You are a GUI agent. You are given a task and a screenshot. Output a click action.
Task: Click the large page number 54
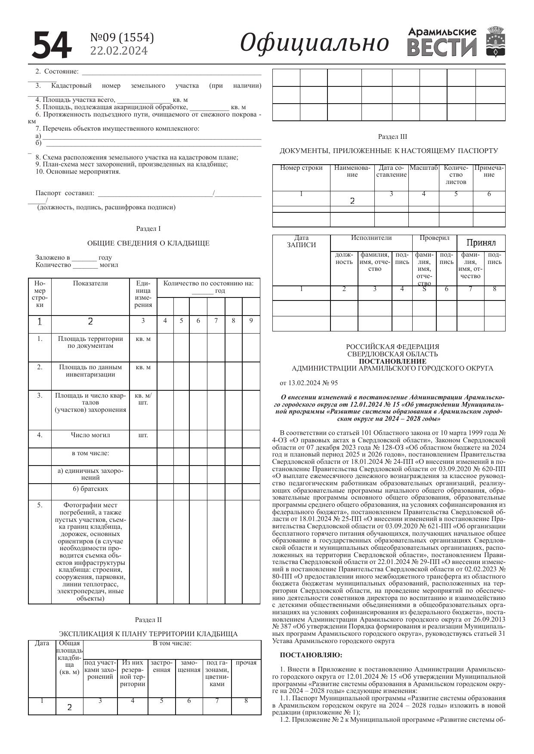[51, 45]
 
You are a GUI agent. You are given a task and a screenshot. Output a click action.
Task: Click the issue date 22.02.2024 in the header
[119, 51]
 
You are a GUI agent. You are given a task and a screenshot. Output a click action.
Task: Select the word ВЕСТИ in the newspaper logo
[442, 47]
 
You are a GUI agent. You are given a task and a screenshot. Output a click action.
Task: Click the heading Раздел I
[148, 229]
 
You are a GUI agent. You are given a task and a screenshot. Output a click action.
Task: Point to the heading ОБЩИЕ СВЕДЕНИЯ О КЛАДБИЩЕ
[148, 243]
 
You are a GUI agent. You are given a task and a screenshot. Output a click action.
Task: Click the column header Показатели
[90, 284]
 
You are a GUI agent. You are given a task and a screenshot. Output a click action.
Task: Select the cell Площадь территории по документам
[90, 342]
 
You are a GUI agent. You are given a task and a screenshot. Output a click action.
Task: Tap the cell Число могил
[90, 435]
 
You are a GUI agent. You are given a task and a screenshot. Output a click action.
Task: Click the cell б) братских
[90, 489]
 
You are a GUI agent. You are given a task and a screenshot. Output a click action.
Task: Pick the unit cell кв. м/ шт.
[143, 399]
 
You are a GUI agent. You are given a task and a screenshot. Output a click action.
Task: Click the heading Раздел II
[148, 620]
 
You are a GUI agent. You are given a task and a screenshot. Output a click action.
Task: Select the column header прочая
[246, 663]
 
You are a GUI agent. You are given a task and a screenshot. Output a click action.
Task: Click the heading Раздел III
[392, 137]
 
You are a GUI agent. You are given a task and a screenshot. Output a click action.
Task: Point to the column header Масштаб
[423, 168]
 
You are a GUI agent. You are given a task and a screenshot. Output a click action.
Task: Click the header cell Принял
[481, 243]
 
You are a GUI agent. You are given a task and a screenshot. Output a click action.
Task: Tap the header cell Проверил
[434, 238]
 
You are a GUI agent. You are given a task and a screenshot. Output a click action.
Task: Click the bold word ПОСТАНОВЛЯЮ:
[311, 656]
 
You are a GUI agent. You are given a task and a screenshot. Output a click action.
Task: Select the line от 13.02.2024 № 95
[309, 383]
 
